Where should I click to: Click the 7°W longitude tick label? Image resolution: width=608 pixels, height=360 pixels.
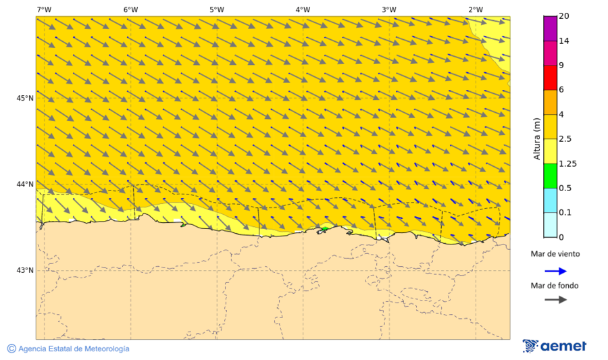(44, 9)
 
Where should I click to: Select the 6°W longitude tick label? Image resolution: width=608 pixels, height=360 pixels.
(130, 9)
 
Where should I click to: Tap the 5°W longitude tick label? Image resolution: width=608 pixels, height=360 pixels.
(216, 9)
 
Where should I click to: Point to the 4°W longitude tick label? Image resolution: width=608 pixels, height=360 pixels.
(303, 9)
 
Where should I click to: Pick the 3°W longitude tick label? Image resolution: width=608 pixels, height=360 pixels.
(388, 9)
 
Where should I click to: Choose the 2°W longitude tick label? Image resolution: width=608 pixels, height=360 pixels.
(475, 9)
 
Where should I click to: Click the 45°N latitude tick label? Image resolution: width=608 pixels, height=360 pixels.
(25, 99)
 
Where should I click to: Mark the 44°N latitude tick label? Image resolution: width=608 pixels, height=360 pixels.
(25, 184)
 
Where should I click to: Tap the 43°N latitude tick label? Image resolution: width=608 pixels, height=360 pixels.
(25, 270)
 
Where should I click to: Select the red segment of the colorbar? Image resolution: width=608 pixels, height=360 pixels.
(550, 78)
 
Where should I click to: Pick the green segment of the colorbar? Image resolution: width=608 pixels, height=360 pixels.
(550, 176)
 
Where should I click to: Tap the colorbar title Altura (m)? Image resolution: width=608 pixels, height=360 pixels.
(537, 138)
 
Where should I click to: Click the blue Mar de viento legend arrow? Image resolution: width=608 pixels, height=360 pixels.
(555, 271)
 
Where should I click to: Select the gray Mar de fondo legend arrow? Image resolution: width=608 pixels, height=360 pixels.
(555, 299)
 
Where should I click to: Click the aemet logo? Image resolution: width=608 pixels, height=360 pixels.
(555, 346)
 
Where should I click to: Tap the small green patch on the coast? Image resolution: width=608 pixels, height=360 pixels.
(324, 229)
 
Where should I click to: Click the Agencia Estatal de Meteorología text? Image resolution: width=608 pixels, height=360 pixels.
(74, 349)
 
